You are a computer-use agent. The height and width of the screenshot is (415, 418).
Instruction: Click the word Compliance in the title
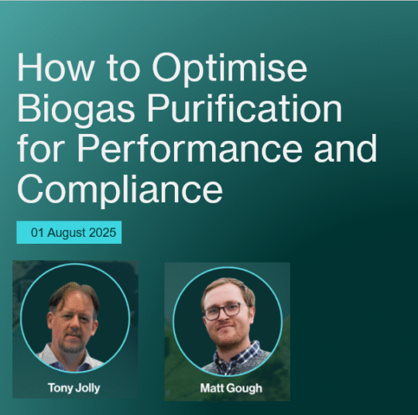click(x=120, y=187)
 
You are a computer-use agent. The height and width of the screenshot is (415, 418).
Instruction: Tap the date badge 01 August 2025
click(x=69, y=232)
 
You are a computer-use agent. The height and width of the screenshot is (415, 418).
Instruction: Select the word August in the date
click(x=66, y=232)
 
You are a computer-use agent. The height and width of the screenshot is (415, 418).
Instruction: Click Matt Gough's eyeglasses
click(x=222, y=312)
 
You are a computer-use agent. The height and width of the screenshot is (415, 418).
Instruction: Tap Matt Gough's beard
click(x=224, y=334)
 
